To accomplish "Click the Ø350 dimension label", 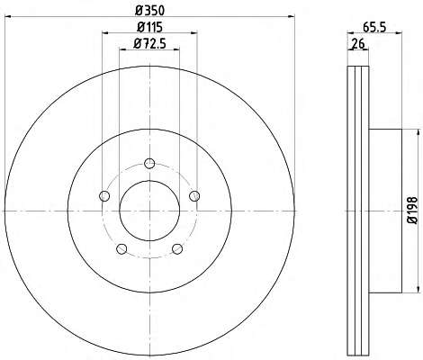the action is tap(149, 11).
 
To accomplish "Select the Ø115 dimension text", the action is tap(149, 27).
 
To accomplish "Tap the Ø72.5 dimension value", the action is tap(149, 44).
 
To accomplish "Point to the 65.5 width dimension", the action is tap(374, 27).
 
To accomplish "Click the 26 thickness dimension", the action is tap(358, 44).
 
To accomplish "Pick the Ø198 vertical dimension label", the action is tap(413, 211).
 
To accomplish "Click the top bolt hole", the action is tap(149, 164).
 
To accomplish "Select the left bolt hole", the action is tap(104, 196).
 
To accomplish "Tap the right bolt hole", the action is tap(194, 196).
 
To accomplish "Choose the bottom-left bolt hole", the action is tap(121, 249).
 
